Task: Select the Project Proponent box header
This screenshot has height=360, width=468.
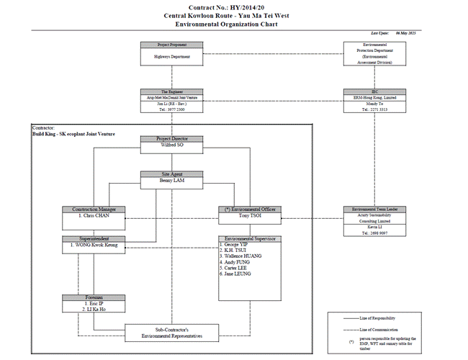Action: [x=172, y=45]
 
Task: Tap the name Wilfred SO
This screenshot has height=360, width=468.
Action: [x=172, y=145]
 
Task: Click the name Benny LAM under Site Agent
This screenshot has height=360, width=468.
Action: [x=172, y=181]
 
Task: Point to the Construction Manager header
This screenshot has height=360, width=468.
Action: [x=94, y=210]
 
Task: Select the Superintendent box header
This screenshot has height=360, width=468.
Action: [x=94, y=238]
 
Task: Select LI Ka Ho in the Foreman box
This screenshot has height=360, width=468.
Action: [x=92, y=310]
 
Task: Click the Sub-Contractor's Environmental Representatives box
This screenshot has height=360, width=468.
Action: [x=172, y=333]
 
